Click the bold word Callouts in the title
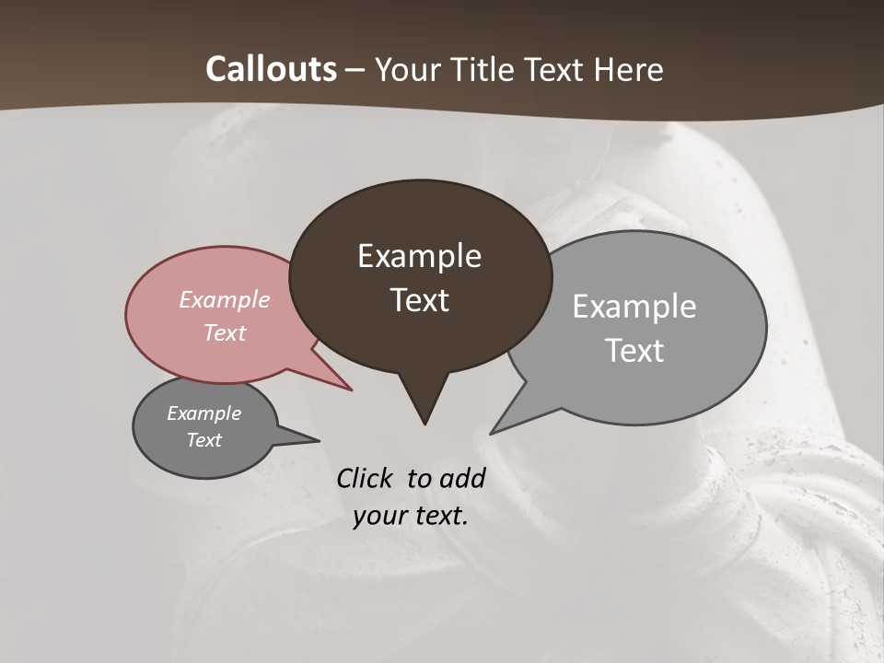coord(271,69)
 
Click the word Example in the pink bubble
coord(225,299)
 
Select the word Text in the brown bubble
coord(420,300)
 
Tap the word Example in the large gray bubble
coord(634,307)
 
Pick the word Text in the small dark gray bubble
coord(204,440)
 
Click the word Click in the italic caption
coord(365,478)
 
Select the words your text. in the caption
coord(411,516)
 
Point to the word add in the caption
coord(463,478)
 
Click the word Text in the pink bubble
coord(225,332)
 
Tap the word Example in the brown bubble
coord(420,256)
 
